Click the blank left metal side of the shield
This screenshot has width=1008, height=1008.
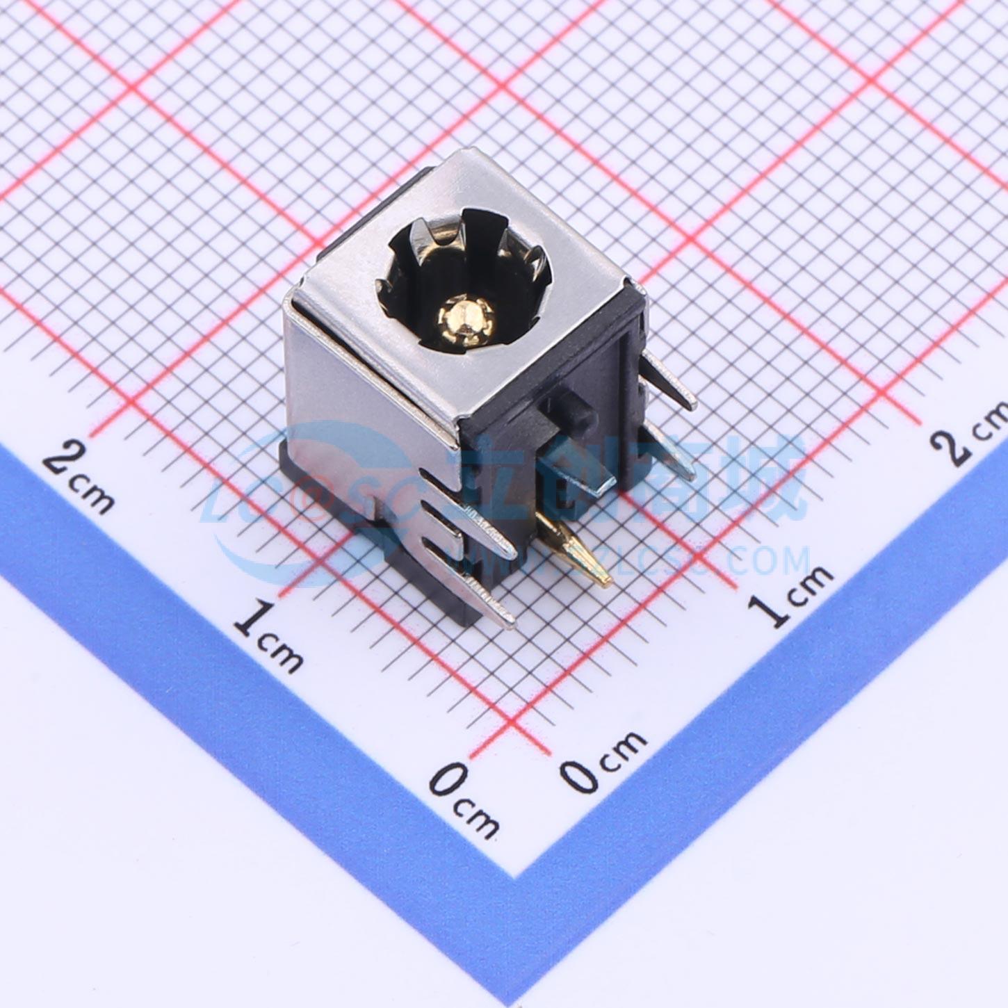[361, 389]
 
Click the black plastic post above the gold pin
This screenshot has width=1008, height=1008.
[567, 410]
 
